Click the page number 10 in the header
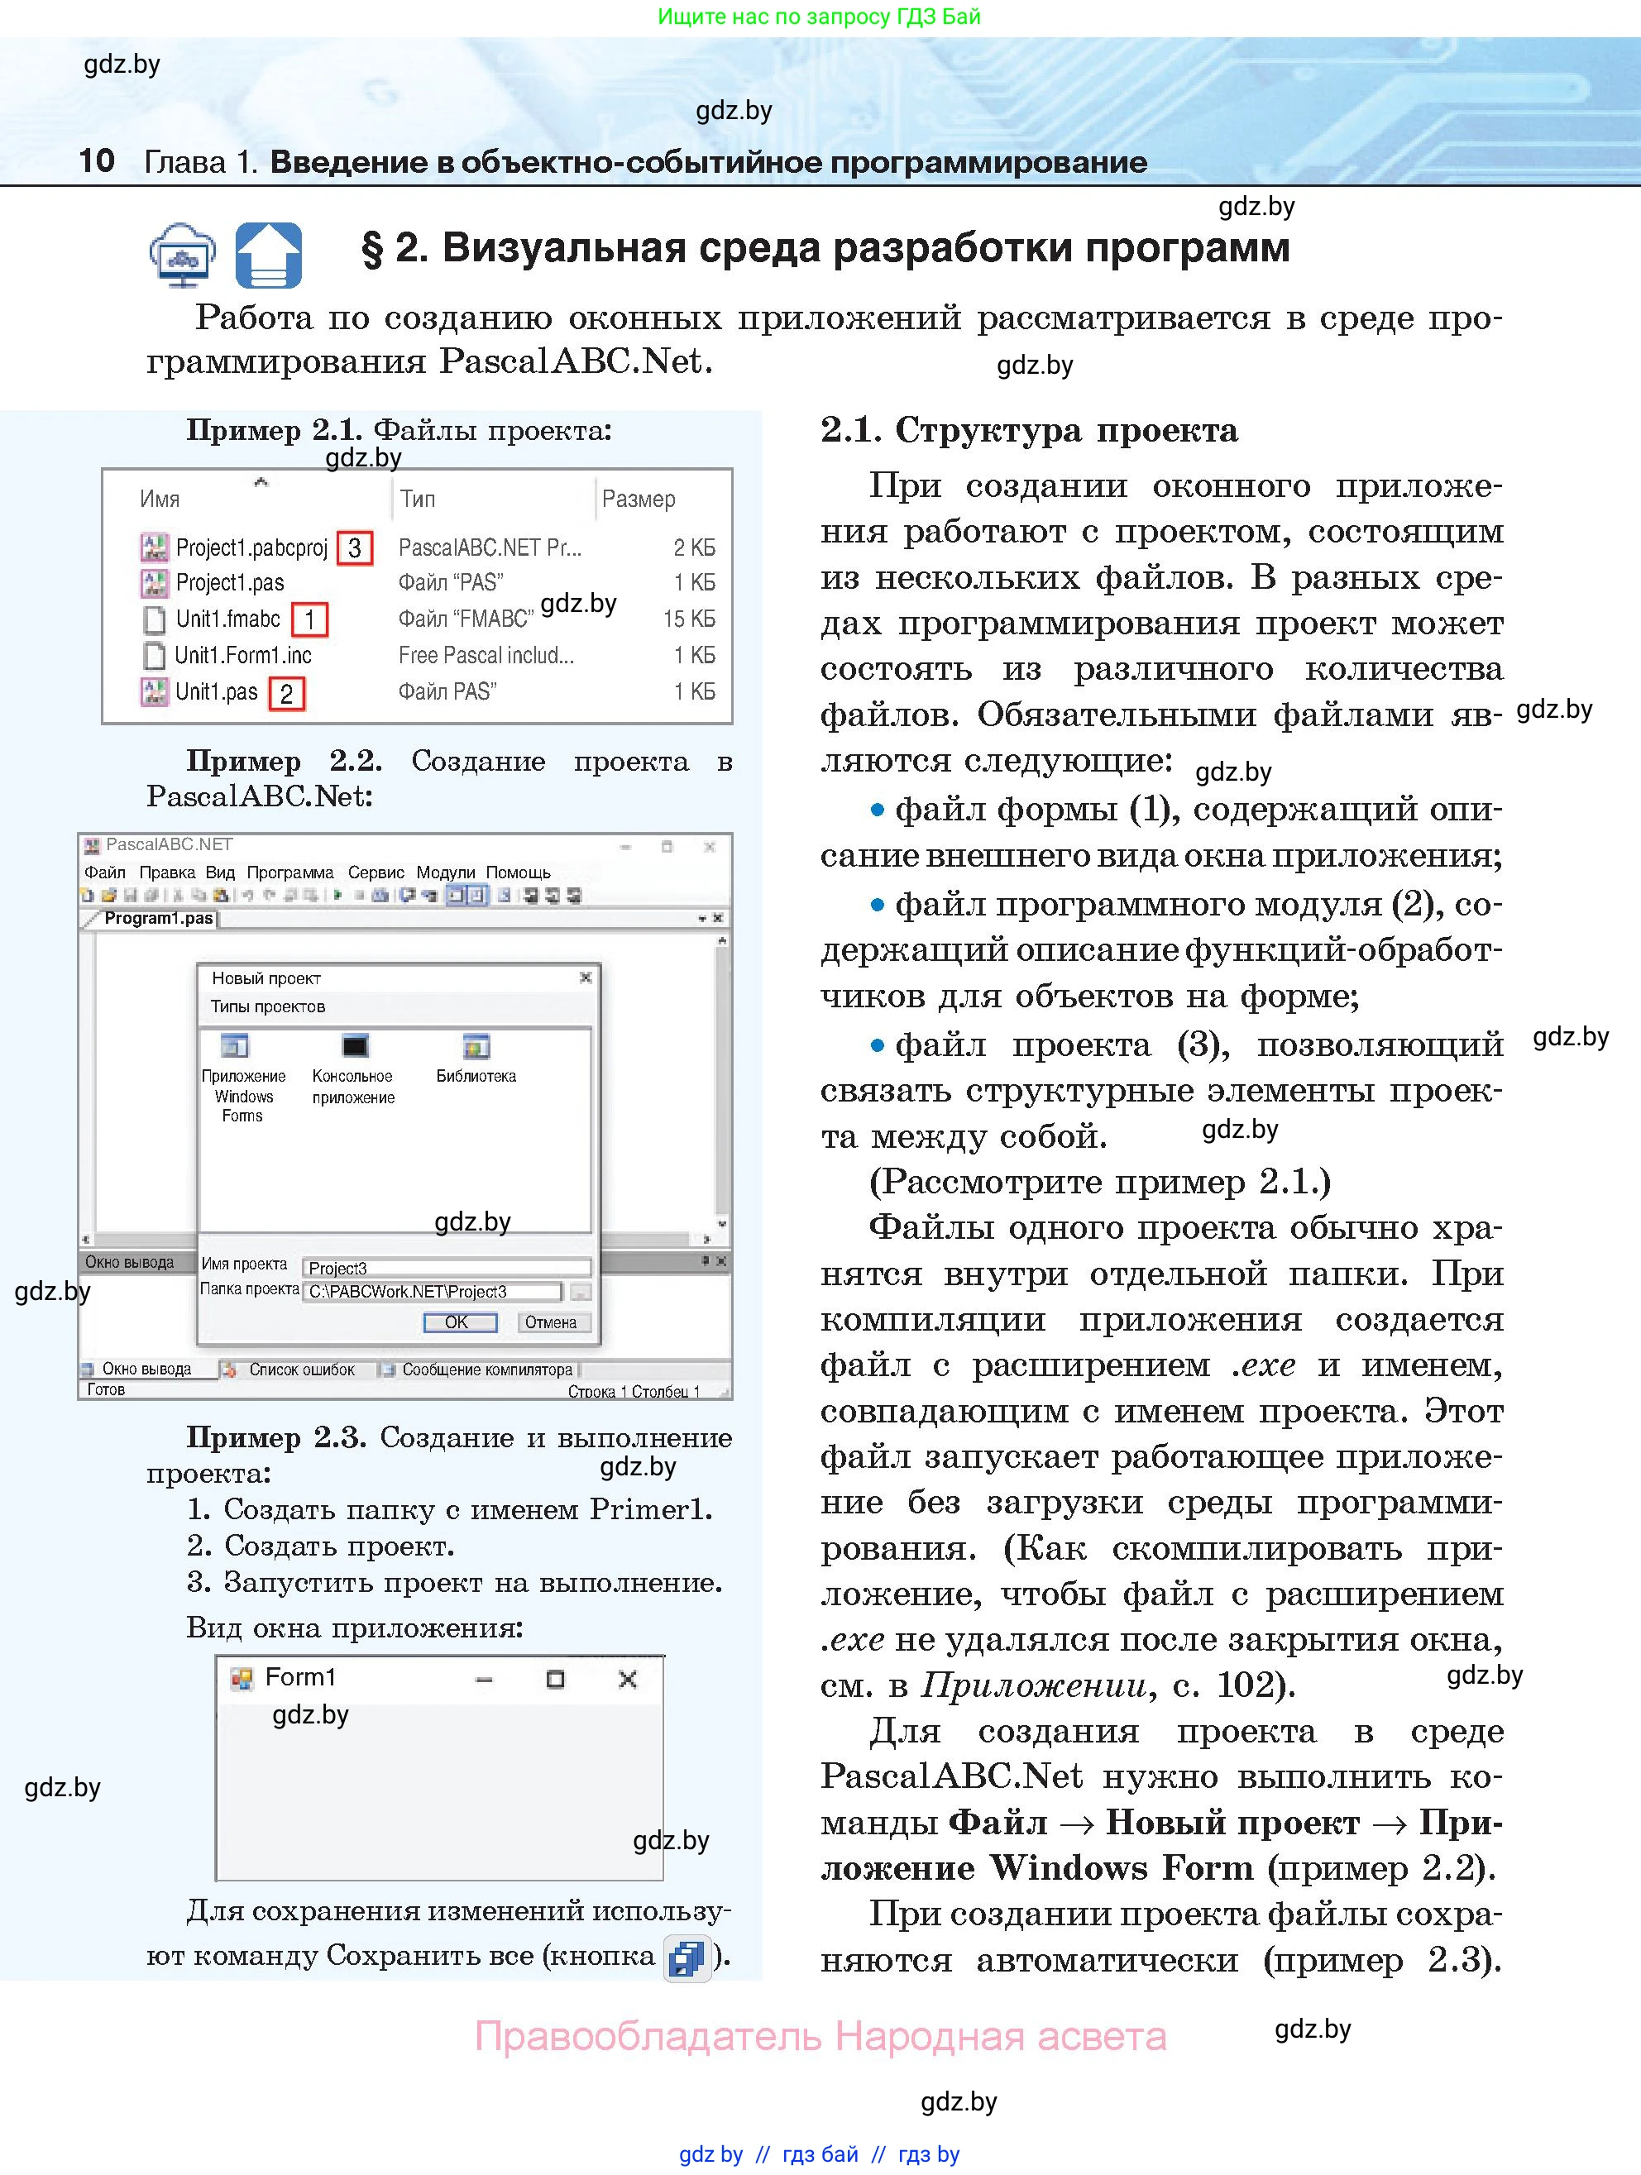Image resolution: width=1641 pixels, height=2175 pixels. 96,160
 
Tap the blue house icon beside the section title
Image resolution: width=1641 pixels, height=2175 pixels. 269,255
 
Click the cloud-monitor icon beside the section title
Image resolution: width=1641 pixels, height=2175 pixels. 183,255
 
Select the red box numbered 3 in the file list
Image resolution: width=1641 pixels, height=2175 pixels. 355,547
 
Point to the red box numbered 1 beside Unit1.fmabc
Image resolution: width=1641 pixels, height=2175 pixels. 309,619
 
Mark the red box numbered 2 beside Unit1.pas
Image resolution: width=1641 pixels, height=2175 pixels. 286,693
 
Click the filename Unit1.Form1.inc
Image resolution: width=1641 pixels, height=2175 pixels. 243,655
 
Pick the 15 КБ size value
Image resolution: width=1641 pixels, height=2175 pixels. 688,619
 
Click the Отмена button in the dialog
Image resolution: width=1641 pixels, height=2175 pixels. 551,1322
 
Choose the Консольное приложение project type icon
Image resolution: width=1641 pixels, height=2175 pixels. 354,1047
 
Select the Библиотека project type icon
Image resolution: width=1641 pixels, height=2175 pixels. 476,1047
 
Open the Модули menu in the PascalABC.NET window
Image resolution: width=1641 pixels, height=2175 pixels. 445,872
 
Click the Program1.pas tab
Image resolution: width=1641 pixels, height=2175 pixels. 158,918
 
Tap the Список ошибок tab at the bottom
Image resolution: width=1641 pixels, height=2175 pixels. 301,1370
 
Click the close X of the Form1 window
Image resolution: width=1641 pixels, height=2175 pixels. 627,1680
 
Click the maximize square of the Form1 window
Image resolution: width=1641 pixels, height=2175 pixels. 556,1680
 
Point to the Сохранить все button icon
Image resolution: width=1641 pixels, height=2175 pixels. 687,1957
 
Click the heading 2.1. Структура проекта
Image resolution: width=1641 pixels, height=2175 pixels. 1028,431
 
